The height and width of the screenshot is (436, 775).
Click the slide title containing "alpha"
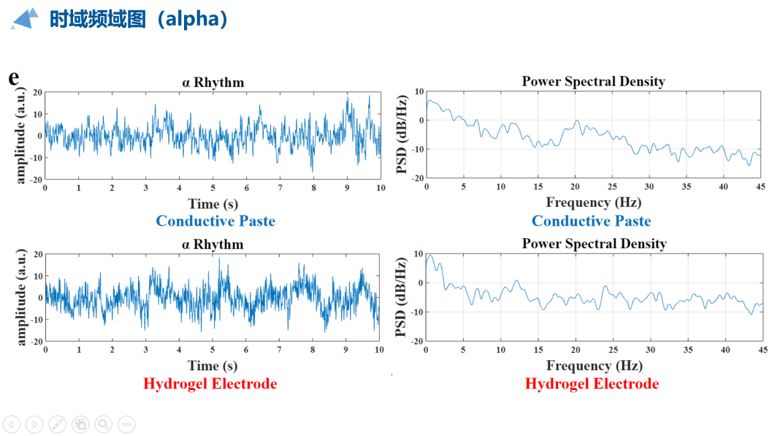pyautogui.click(x=139, y=19)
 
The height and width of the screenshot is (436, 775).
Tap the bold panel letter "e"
pyautogui.click(x=14, y=77)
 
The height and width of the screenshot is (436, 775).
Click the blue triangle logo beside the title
pyautogui.click(x=25, y=18)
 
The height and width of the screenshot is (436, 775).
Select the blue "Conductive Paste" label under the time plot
pyautogui.click(x=215, y=221)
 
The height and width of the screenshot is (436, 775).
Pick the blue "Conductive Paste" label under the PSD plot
pyautogui.click(x=591, y=221)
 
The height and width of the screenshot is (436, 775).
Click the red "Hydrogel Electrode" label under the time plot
pyautogui.click(x=210, y=383)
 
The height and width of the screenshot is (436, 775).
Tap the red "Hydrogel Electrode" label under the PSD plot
pyautogui.click(x=592, y=383)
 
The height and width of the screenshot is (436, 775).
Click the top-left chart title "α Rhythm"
pyautogui.click(x=213, y=83)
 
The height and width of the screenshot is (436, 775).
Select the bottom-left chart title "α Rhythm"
pyautogui.click(x=212, y=244)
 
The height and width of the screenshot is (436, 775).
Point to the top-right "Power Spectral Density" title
pyautogui.click(x=593, y=81)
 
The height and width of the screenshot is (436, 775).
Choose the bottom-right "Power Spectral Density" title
pyautogui.click(x=594, y=243)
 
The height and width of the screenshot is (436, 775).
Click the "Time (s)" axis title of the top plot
pyautogui.click(x=213, y=204)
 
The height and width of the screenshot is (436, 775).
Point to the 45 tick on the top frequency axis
pyautogui.click(x=760, y=188)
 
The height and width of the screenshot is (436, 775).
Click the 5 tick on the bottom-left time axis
pyautogui.click(x=212, y=350)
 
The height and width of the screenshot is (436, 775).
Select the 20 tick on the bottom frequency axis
pyautogui.click(x=576, y=350)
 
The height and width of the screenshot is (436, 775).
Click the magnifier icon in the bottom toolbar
pyautogui.click(x=103, y=424)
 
